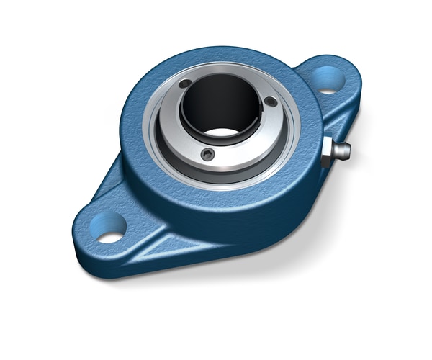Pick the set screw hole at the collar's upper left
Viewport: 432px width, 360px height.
[x=185, y=84]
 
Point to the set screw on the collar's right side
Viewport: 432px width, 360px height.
[x=270, y=102]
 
